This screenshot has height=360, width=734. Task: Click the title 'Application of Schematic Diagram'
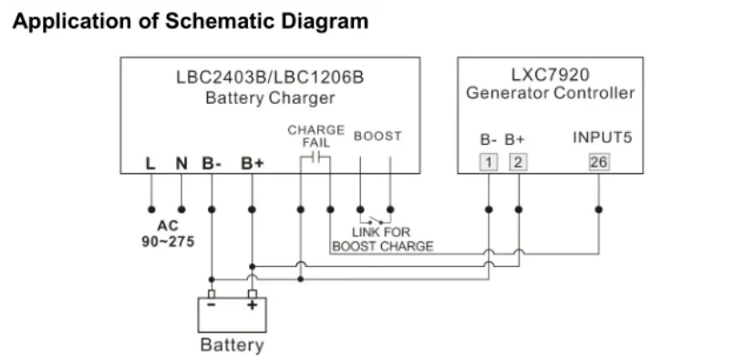click(x=191, y=21)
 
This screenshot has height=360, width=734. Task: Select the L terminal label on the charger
click(x=150, y=164)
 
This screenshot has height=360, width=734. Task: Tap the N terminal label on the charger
click(x=181, y=164)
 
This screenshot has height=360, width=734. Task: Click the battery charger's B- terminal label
click(x=212, y=164)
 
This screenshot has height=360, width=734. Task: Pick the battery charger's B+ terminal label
click(x=252, y=164)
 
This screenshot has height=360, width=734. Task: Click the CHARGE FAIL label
click(x=315, y=137)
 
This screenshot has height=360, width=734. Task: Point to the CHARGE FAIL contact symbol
click(x=315, y=159)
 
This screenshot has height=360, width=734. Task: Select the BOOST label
click(x=377, y=137)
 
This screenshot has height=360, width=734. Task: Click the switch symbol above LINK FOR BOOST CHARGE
click(x=375, y=219)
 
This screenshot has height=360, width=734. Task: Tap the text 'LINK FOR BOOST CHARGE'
click(x=382, y=239)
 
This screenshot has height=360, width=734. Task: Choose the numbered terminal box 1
click(x=489, y=162)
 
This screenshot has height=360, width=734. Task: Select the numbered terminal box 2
click(x=518, y=162)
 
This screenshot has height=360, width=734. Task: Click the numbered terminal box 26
click(x=598, y=162)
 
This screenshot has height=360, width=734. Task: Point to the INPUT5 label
click(x=602, y=139)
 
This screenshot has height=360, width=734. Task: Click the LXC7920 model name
click(x=550, y=76)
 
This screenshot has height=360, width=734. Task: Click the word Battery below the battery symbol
click(x=232, y=345)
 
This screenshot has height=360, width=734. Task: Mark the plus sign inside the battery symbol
click(x=252, y=307)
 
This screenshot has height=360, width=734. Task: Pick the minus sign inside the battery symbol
click(x=212, y=307)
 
